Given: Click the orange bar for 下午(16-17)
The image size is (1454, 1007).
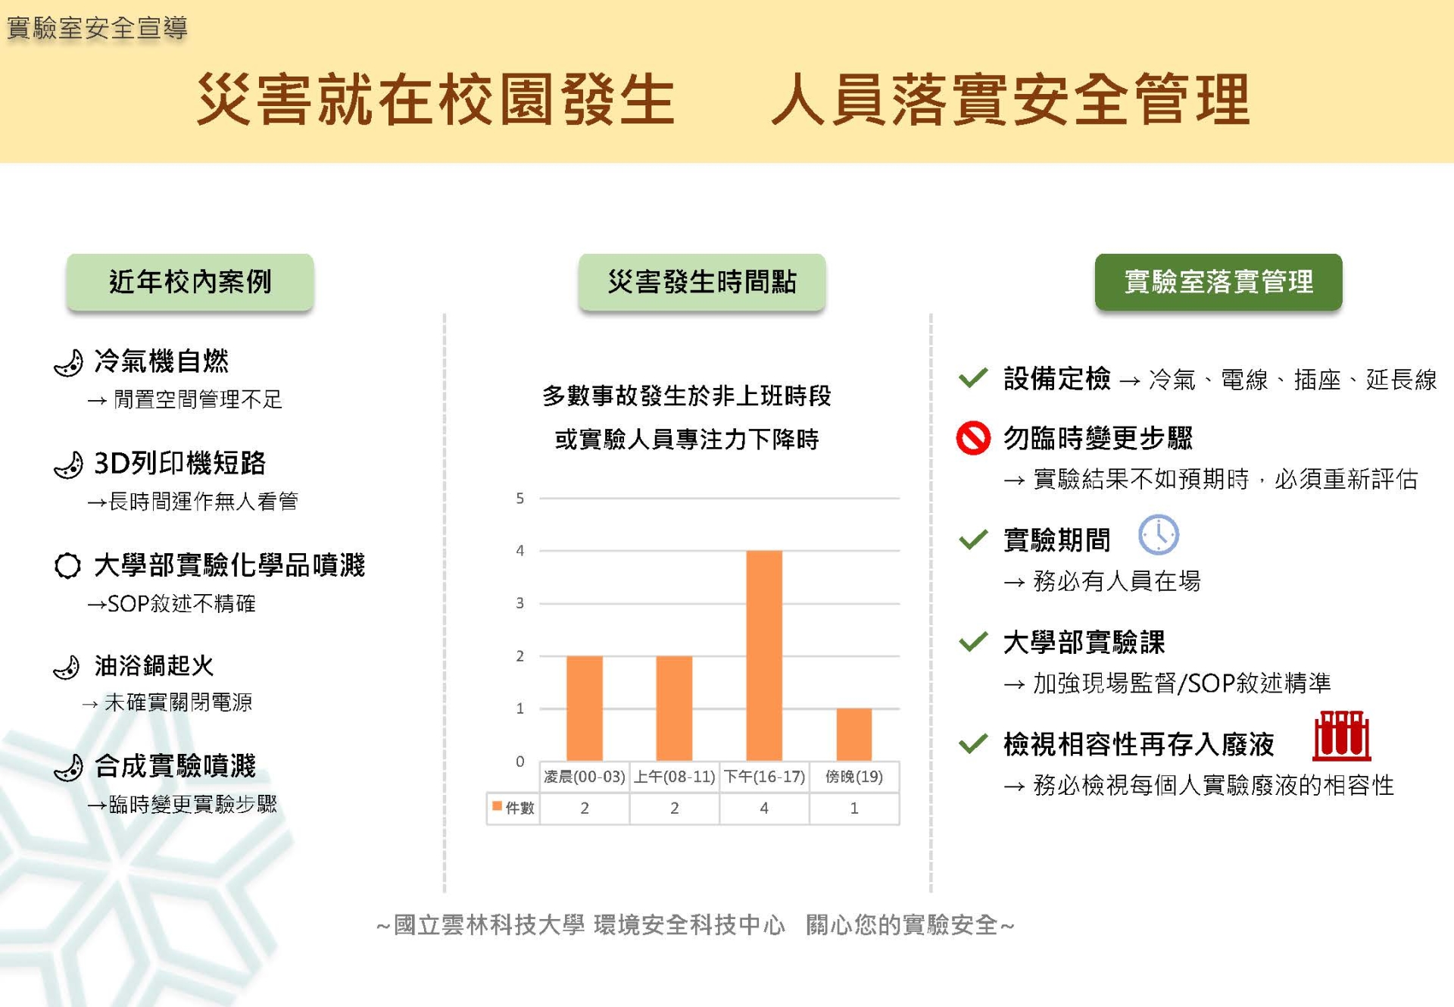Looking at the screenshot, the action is click(764, 655).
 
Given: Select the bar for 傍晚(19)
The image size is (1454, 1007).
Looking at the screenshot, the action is click(854, 734).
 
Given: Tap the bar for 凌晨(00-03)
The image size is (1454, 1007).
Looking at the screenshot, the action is click(585, 708).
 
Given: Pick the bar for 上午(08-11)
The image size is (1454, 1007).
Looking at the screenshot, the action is click(674, 708).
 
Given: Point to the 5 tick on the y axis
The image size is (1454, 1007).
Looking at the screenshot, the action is click(520, 499).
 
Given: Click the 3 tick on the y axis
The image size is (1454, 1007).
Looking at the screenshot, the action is click(520, 603).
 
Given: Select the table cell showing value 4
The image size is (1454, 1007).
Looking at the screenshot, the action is click(764, 808).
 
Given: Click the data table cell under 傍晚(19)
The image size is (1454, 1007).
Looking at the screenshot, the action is click(854, 808).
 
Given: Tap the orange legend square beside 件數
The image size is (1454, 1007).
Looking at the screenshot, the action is click(497, 806).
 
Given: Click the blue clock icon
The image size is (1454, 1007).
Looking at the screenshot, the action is click(1159, 535).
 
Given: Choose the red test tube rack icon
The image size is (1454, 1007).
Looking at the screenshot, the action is click(1341, 736).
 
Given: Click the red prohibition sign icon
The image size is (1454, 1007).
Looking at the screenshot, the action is click(973, 438).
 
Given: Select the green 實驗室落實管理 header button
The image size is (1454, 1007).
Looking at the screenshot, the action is click(1218, 282).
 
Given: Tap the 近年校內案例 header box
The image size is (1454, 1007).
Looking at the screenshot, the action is click(190, 282).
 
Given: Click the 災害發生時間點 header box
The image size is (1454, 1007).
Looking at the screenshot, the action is click(702, 282).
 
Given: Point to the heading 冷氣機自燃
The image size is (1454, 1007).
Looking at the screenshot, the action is click(161, 361).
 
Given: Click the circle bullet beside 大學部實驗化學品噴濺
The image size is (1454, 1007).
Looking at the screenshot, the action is click(67, 565).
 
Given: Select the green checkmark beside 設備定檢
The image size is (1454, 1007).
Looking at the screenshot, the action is click(973, 377).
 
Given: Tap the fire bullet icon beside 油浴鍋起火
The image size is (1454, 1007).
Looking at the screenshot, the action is click(67, 667).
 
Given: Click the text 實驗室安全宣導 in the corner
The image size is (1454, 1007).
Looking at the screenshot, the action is click(97, 28).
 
